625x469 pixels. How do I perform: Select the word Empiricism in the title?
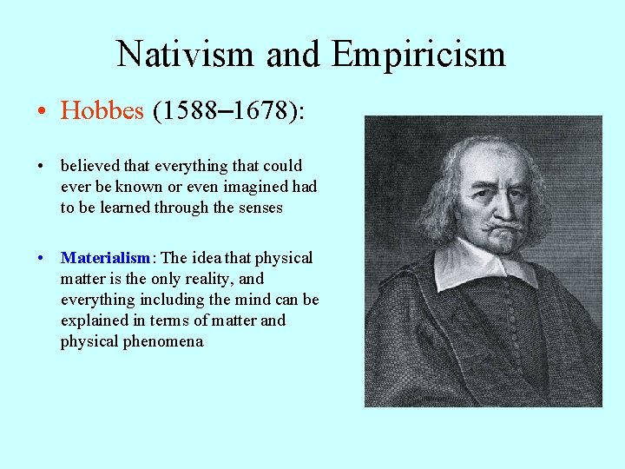[418, 54]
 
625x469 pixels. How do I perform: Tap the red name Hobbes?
[102, 111]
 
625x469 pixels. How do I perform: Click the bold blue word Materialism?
[105, 258]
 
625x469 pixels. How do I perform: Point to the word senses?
[259, 208]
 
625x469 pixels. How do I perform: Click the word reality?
[208, 279]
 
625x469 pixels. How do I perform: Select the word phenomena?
[165, 341]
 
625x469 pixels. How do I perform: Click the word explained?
[92, 320]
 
